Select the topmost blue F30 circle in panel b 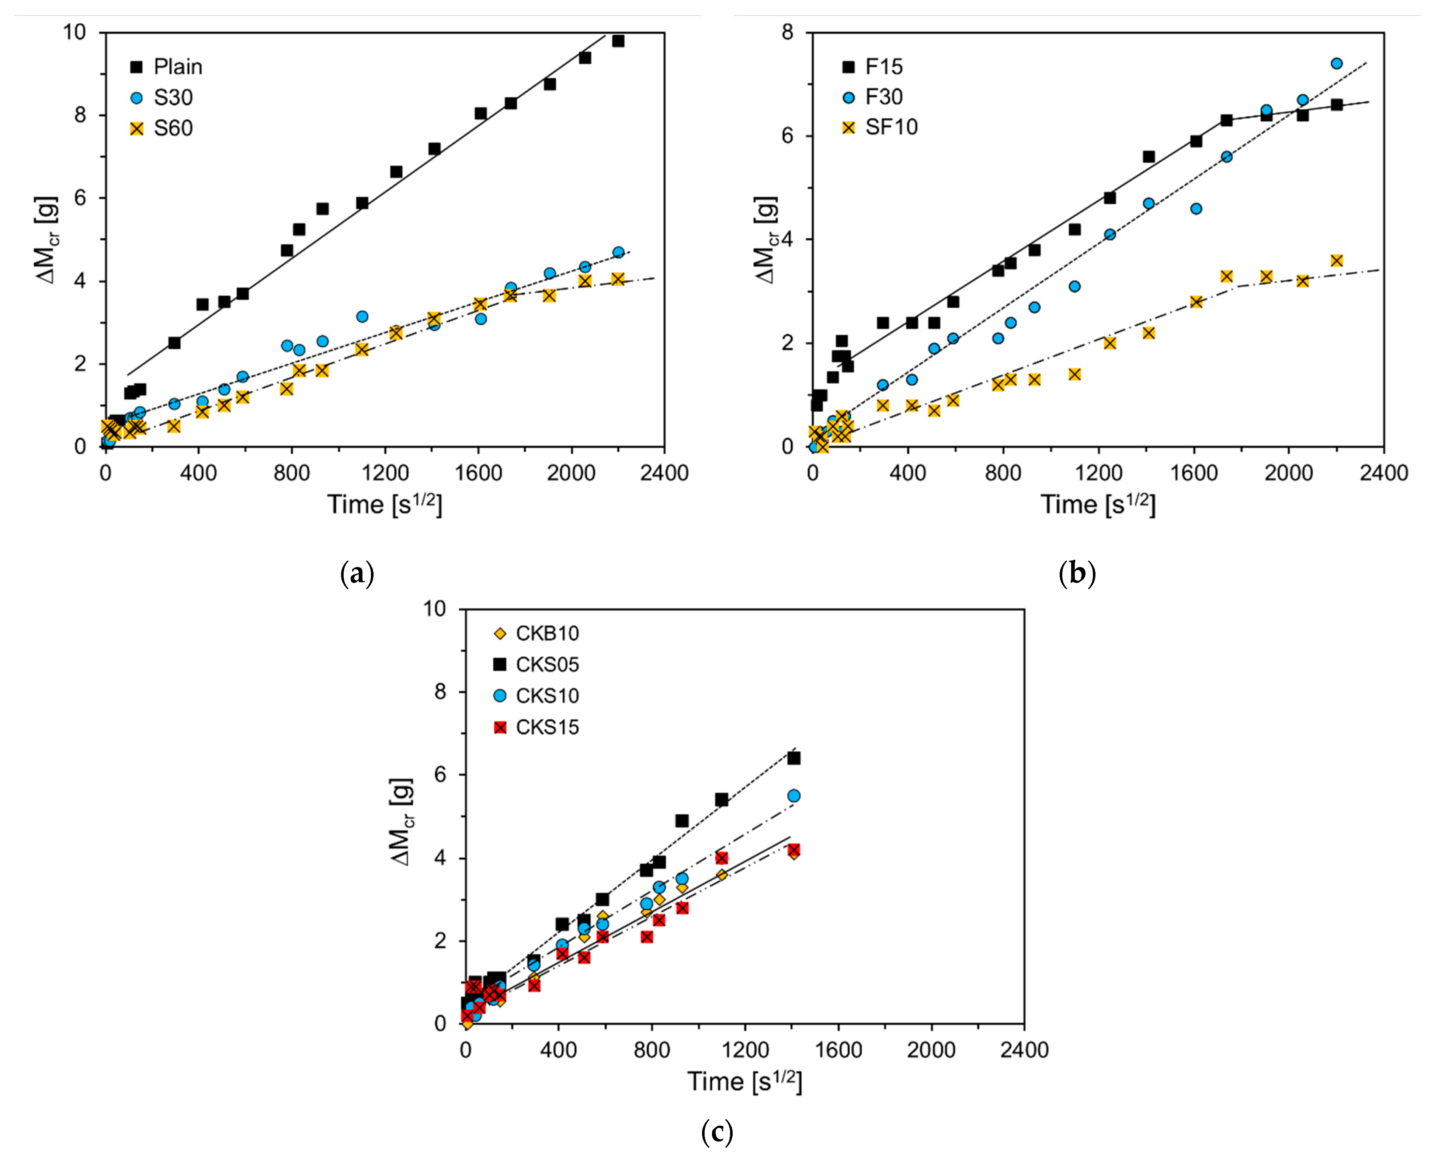pyautogui.click(x=1336, y=63)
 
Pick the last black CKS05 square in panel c pyautogui.click(x=793, y=758)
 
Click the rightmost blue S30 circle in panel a pyautogui.click(x=618, y=253)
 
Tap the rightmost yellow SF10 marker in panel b pyautogui.click(x=1336, y=261)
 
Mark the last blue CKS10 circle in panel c pyautogui.click(x=793, y=796)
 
